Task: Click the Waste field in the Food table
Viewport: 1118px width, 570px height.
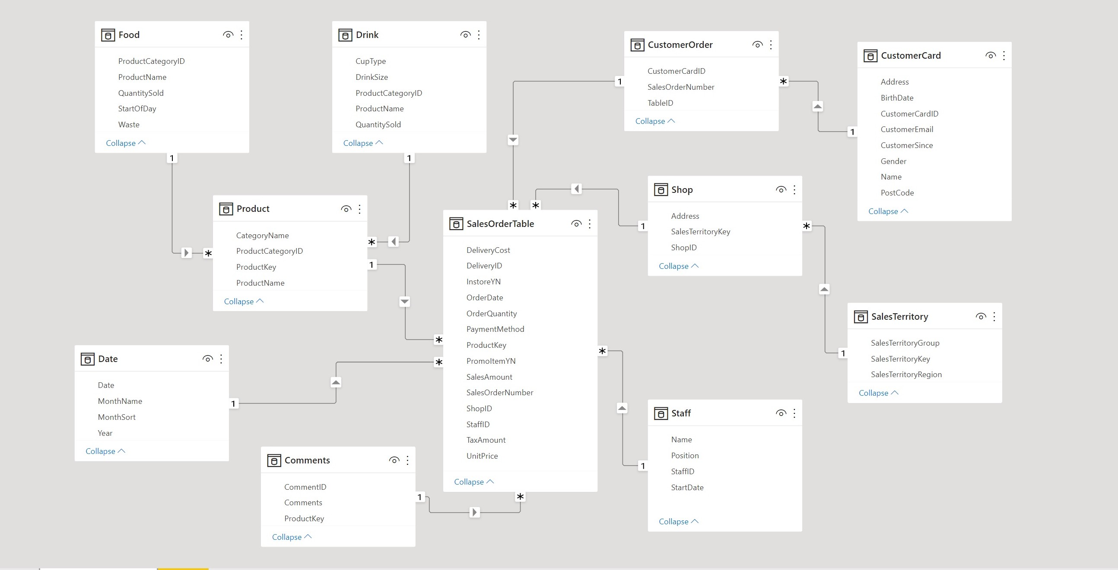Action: tap(128, 124)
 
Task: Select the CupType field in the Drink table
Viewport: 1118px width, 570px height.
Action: tap(370, 61)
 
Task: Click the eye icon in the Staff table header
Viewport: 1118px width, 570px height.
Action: tap(781, 413)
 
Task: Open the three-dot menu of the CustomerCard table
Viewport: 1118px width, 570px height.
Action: tap(1004, 56)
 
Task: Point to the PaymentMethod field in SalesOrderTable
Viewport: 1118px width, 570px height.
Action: tap(495, 329)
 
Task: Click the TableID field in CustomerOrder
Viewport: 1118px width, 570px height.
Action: tap(660, 103)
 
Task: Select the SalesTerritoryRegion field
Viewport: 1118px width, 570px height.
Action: tap(906, 375)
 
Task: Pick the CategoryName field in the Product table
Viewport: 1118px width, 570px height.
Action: tap(262, 235)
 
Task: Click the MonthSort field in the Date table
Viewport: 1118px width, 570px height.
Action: tap(116, 417)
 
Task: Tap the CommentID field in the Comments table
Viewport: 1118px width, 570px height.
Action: tap(305, 487)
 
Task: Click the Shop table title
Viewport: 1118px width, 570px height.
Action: tap(682, 189)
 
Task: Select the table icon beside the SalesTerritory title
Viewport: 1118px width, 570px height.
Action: tap(860, 316)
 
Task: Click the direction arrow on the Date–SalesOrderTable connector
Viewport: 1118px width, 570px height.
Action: tap(336, 382)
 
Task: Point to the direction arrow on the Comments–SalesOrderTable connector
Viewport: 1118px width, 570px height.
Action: tap(474, 512)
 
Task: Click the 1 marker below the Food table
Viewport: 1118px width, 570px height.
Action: tap(172, 158)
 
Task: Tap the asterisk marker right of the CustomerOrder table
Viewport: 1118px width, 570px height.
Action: tap(783, 82)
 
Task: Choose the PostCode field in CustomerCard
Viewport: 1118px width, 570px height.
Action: tap(897, 193)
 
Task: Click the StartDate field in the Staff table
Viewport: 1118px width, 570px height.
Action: tap(687, 487)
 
